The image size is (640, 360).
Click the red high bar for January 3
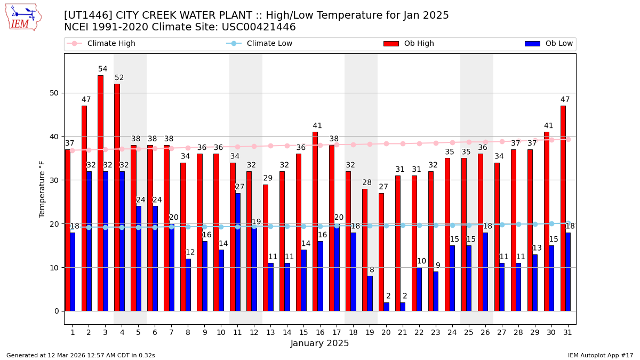pyautogui.click(x=100, y=193)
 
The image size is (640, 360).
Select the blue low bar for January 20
pyautogui.click(x=386, y=307)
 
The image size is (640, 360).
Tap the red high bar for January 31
pyautogui.click(x=563, y=208)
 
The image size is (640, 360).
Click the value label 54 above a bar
pyautogui.click(x=103, y=69)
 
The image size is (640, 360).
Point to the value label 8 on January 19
pyautogui.click(x=372, y=270)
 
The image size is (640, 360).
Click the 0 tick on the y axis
pyautogui.click(x=57, y=311)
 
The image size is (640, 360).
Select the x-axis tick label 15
pyautogui.click(x=303, y=332)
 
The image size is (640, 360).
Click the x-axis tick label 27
pyautogui.click(x=501, y=332)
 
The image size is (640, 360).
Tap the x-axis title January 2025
pyautogui.click(x=319, y=343)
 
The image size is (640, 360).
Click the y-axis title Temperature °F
pyautogui.click(x=43, y=189)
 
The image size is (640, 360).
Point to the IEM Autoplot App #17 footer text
pyautogui.click(x=600, y=355)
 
